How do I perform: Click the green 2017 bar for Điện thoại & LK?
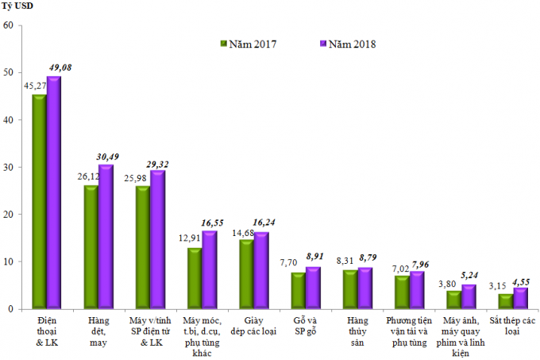[x=38, y=202]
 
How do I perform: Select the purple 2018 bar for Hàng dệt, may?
[x=106, y=237]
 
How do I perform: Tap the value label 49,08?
[x=62, y=68]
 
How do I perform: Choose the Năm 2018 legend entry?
[x=347, y=45]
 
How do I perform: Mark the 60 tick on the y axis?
[x=9, y=25]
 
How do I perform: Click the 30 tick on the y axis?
[x=9, y=167]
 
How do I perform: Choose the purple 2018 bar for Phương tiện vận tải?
[x=417, y=290]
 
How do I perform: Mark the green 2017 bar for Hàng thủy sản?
[x=349, y=289]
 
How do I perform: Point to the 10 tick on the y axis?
[x=9, y=261]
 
